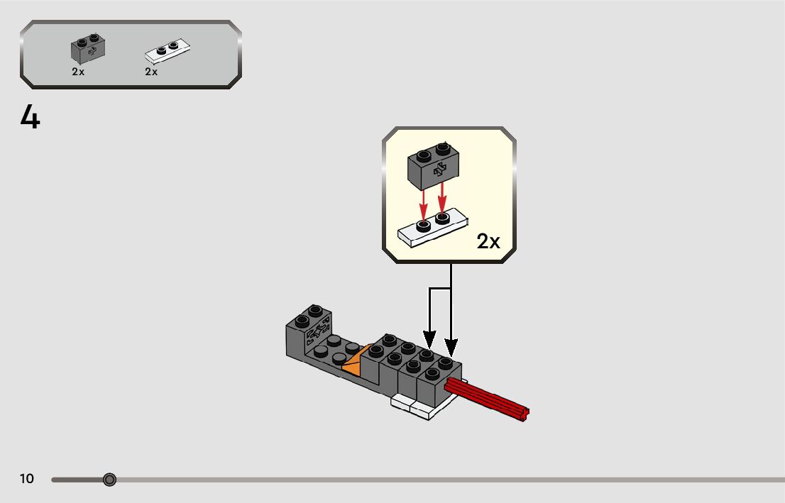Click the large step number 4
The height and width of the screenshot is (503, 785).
30,118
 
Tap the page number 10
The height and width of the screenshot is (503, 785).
27,479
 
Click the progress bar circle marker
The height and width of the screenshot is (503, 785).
109,480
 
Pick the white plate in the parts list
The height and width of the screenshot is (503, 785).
168,51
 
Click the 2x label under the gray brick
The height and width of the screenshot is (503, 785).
78,72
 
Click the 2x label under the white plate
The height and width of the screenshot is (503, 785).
151,72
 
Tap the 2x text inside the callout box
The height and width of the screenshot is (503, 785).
488,242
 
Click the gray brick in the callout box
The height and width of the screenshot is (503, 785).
432,167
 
